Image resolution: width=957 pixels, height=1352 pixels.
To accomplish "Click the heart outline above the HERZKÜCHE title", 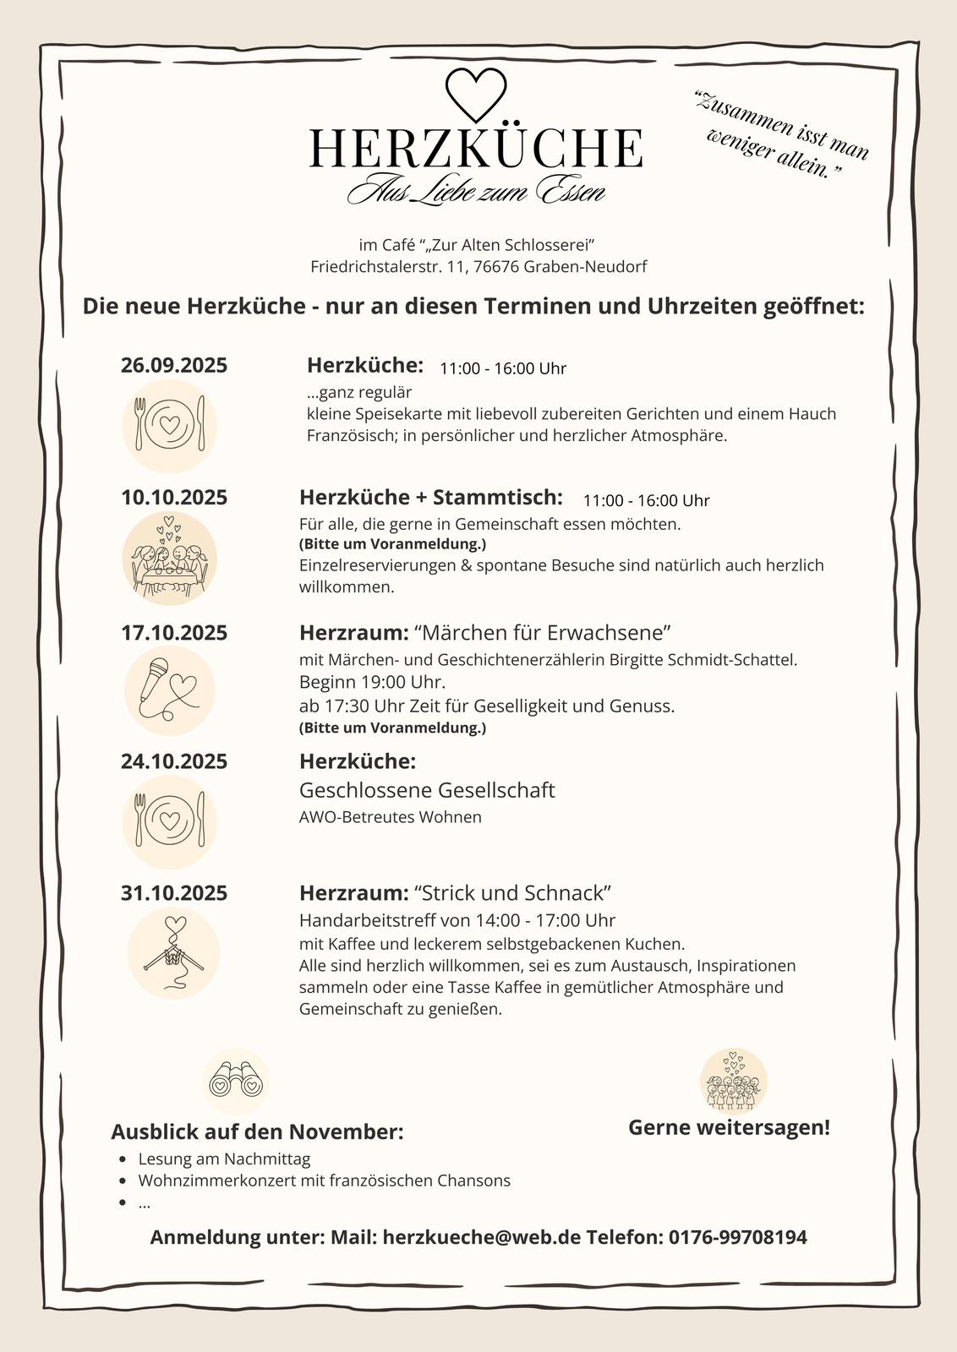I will click(475, 93).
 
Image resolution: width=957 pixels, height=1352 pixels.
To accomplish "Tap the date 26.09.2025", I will click(174, 365).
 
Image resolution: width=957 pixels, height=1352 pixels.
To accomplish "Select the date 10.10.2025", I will click(174, 497).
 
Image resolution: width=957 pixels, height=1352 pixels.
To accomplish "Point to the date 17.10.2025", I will click(174, 633).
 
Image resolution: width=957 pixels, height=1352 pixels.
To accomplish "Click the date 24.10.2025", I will click(174, 761).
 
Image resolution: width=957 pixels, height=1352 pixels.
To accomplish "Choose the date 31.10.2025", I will click(174, 893).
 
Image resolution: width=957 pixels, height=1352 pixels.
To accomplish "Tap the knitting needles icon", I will click(173, 953).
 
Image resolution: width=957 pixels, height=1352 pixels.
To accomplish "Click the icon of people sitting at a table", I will click(170, 559).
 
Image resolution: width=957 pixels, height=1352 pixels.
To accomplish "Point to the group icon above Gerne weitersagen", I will click(733, 1081).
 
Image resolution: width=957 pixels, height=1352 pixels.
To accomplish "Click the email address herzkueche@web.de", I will click(482, 1237).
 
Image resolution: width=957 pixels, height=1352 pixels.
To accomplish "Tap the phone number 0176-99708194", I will click(737, 1237).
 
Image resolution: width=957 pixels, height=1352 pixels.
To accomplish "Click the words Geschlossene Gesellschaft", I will click(427, 790).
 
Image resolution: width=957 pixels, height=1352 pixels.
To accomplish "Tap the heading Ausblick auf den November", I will click(257, 1131).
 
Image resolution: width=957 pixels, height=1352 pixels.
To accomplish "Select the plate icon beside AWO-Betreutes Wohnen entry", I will click(170, 821).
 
